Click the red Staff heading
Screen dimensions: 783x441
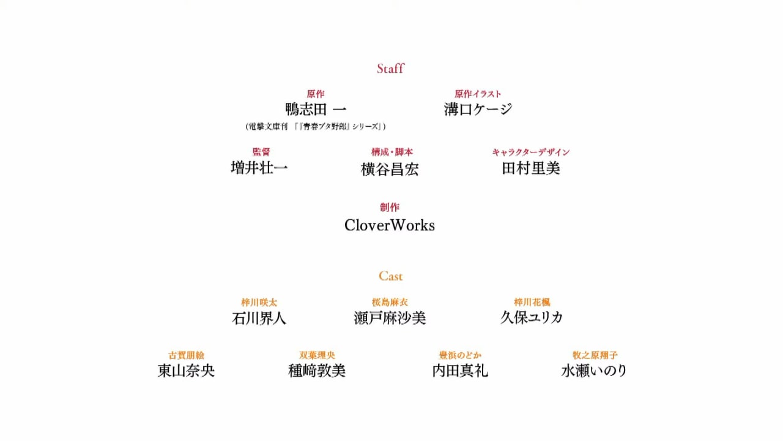point(390,68)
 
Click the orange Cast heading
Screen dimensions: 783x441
point(390,276)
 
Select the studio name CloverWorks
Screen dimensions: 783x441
point(390,225)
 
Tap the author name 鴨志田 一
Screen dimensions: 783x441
point(316,109)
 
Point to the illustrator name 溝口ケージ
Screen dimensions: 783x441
point(478,109)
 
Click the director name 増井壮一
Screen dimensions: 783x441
point(259,168)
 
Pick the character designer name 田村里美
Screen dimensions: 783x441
point(530,168)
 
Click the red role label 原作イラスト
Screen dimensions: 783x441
point(478,94)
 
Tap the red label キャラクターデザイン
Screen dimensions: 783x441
point(531,152)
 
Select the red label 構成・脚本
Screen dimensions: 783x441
point(392,152)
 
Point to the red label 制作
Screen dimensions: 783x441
point(390,207)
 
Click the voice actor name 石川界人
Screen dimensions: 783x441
point(259,318)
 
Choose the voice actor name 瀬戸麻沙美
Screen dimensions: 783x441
point(390,318)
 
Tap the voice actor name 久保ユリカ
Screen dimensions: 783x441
point(532,317)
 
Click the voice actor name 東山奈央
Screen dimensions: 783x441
point(186,371)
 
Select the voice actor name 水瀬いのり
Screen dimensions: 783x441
point(594,371)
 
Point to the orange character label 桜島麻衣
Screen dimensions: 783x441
point(390,302)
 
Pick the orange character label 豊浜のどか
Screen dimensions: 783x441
point(460,355)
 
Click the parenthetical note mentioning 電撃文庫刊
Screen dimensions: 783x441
point(316,126)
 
